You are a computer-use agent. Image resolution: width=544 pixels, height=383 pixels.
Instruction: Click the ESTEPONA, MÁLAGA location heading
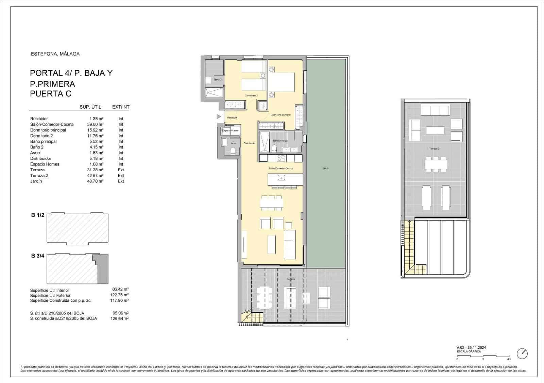(55, 54)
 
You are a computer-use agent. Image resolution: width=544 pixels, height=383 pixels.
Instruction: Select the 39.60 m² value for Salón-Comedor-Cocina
(95, 124)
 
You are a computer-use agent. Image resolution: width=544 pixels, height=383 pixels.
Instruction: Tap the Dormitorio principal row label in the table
(48, 130)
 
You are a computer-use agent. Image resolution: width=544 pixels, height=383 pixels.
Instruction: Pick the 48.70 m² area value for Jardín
(95, 181)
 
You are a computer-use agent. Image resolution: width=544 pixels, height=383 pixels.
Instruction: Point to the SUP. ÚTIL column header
(90, 107)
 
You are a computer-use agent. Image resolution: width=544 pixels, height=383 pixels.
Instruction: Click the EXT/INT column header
(121, 107)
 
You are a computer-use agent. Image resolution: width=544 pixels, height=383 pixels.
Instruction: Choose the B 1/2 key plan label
(38, 215)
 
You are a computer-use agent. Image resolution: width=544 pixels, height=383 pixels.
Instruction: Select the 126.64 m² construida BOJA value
(120, 318)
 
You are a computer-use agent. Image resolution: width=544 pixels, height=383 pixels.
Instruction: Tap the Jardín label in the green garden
(326, 169)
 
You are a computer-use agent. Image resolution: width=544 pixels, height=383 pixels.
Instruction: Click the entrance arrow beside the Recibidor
(219, 117)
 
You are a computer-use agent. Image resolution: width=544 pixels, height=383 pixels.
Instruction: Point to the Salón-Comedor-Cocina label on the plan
(280, 169)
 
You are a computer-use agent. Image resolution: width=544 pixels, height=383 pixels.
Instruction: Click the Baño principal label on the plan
(280, 141)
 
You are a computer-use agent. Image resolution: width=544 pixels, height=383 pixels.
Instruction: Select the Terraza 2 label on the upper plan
(434, 149)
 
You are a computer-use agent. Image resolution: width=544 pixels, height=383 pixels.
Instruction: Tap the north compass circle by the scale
(522, 353)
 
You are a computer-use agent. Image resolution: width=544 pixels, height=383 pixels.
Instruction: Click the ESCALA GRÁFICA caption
(469, 351)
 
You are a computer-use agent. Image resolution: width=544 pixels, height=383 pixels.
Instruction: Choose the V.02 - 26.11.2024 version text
(471, 347)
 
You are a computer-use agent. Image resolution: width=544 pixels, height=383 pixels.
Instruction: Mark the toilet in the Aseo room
(233, 151)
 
